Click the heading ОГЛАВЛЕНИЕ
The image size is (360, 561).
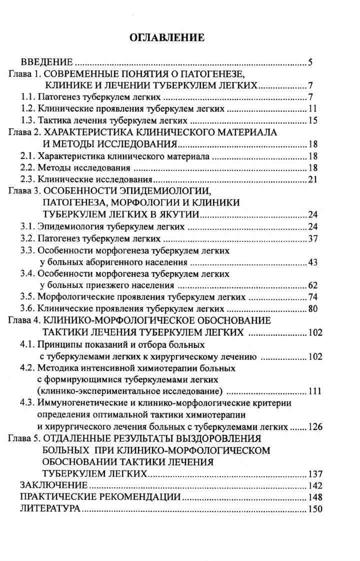coord(167,37)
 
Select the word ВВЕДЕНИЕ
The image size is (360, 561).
coord(46,62)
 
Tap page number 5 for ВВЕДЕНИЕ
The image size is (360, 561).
coord(310,62)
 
